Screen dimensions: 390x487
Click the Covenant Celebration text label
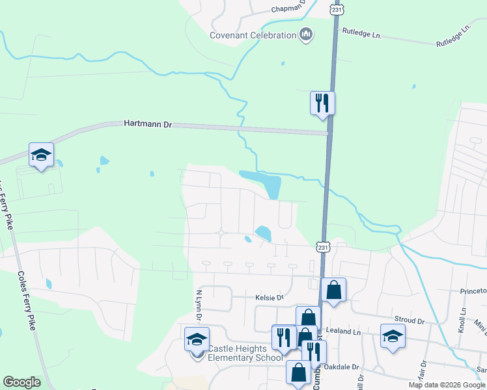click(x=253, y=35)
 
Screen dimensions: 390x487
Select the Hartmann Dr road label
click(x=147, y=123)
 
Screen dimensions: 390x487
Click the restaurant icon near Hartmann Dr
click(x=322, y=103)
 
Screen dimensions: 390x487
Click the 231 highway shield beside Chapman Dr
click(x=336, y=10)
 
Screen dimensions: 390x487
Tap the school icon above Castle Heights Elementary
click(x=197, y=339)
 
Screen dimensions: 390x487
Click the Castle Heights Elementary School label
click(x=245, y=353)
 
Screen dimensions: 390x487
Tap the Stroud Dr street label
click(x=410, y=320)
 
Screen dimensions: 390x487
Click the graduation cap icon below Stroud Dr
click(x=393, y=336)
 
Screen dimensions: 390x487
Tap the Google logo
click(x=21, y=382)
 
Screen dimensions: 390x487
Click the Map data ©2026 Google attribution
click(x=446, y=385)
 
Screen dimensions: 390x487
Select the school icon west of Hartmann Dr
click(x=41, y=155)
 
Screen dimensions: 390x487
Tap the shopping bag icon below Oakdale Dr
click(x=298, y=373)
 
